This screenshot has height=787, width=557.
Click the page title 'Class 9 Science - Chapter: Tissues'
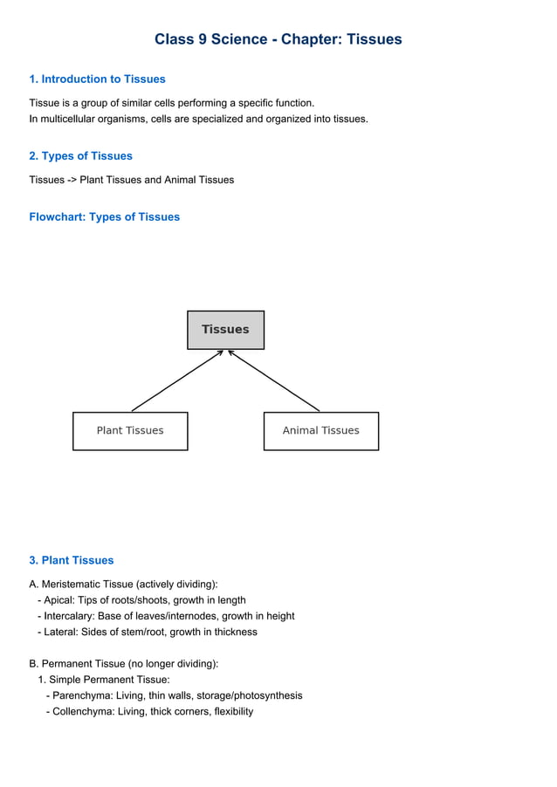point(278,39)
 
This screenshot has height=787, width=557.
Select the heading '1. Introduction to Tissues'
point(97,79)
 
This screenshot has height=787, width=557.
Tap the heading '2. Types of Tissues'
point(80,156)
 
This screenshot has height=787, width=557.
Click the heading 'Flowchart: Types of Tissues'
point(104,217)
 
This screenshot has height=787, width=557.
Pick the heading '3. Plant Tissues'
point(71,560)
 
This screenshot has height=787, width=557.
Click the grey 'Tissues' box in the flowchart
point(225,330)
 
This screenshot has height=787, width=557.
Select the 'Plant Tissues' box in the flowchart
point(129,431)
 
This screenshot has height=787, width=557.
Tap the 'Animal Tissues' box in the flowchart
point(320,431)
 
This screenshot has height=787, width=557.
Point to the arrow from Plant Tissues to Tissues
point(177,380)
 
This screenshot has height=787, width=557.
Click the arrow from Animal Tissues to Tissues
point(274,380)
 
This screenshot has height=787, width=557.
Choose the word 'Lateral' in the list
point(61,632)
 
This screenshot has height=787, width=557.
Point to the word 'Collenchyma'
point(82,711)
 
